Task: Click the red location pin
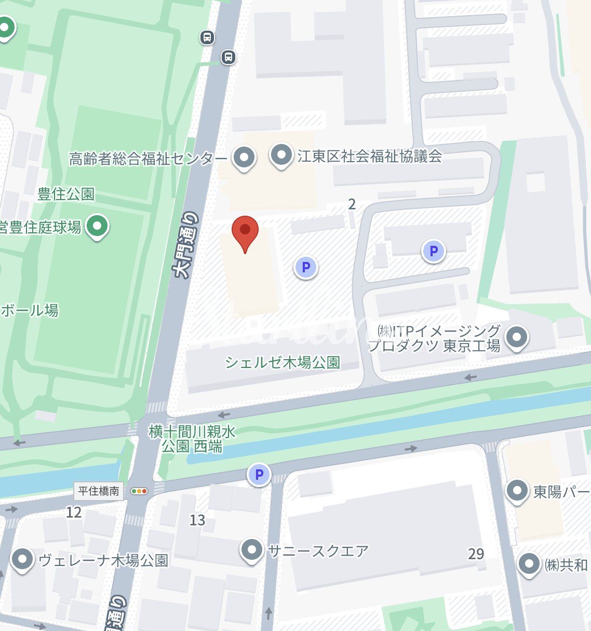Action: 245,231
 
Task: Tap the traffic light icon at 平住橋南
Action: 139,491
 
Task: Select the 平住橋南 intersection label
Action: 99,491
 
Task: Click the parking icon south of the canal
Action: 259,474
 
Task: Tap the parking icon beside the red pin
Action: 306,268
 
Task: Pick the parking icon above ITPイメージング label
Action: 433,252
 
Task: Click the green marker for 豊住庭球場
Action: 97,226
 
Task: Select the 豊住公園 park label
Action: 66,194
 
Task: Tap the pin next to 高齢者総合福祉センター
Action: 244,156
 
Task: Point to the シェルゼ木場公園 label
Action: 283,362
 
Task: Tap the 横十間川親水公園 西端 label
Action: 192,439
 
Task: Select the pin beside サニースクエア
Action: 252,549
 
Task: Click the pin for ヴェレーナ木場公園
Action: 22,560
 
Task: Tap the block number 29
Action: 476,554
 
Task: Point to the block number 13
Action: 197,520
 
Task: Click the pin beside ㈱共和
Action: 529,564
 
